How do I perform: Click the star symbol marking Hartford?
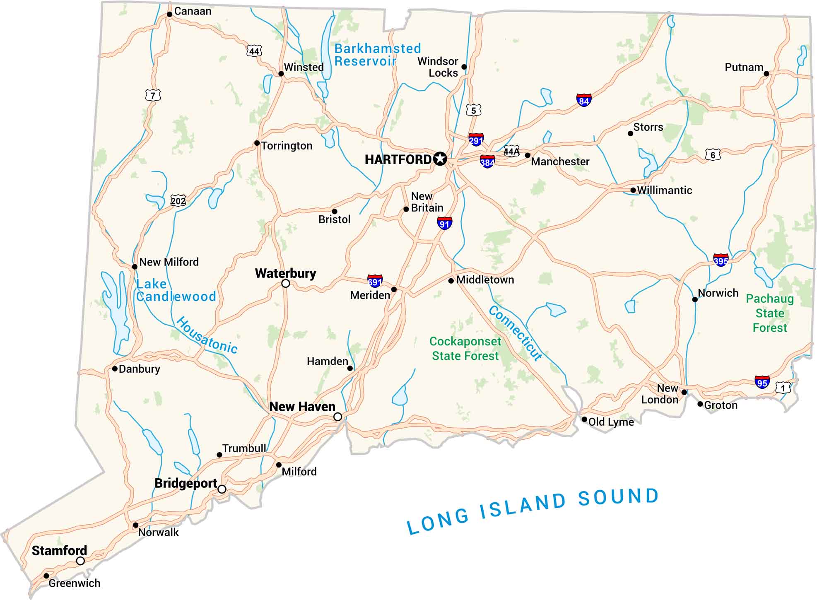(440, 159)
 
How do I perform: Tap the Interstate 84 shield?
(583, 100)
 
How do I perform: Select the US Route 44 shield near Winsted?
(254, 51)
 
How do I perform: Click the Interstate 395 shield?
(721, 260)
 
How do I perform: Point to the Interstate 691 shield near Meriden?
(375, 282)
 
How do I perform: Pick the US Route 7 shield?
(153, 96)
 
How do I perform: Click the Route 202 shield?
(178, 201)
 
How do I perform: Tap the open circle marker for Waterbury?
(286, 284)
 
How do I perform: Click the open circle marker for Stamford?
(80, 561)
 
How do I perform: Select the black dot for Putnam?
(766, 74)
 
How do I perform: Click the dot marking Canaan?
(169, 14)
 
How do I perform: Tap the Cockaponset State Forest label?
(465, 349)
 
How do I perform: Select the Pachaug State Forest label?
(769, 313)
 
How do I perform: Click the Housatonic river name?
(207, 335)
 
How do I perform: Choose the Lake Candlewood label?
(176, 290)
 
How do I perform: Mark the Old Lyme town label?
(611, 422)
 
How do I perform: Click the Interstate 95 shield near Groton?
(762, 382)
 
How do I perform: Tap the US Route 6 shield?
(713, 155)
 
